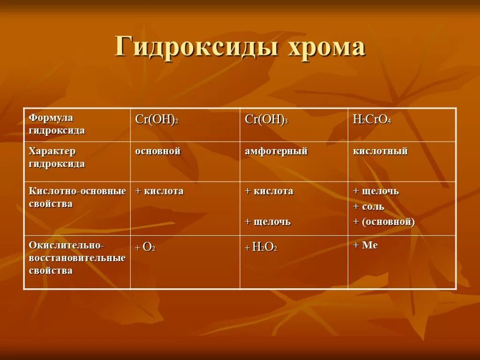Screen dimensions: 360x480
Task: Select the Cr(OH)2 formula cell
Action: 157,120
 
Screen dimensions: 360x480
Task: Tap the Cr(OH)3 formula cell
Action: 266,120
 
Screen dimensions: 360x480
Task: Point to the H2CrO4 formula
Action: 372,120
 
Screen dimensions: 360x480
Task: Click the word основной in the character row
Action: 158,151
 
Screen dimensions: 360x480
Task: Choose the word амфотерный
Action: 276,151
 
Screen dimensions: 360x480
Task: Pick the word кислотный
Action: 380,151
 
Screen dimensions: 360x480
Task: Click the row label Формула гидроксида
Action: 57,124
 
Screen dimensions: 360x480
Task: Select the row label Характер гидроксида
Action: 57,157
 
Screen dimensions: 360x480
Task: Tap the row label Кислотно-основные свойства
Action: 77,197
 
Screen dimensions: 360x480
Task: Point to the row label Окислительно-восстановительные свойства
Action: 77,258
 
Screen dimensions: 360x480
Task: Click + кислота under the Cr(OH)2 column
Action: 159,191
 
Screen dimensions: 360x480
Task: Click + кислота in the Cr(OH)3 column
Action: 269,191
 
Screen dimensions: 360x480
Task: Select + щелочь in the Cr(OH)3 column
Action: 268,222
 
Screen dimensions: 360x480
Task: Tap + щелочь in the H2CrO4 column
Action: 375,191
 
